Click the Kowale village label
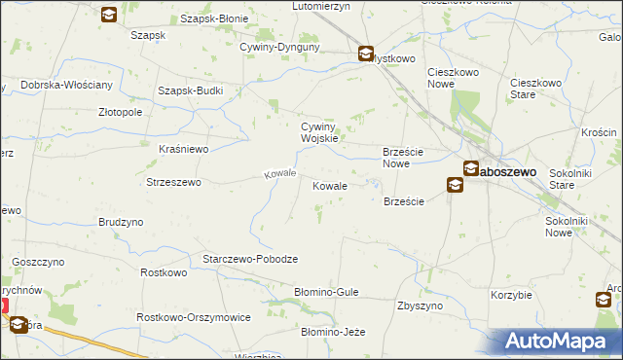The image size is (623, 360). pos(329,185)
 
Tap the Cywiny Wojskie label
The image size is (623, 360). pos(319,132)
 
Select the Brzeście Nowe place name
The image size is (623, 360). pos(408,157)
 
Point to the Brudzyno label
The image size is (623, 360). pos(121,222)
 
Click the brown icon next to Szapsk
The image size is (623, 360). pos(109,15)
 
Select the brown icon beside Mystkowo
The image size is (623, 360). pos(366,54)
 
